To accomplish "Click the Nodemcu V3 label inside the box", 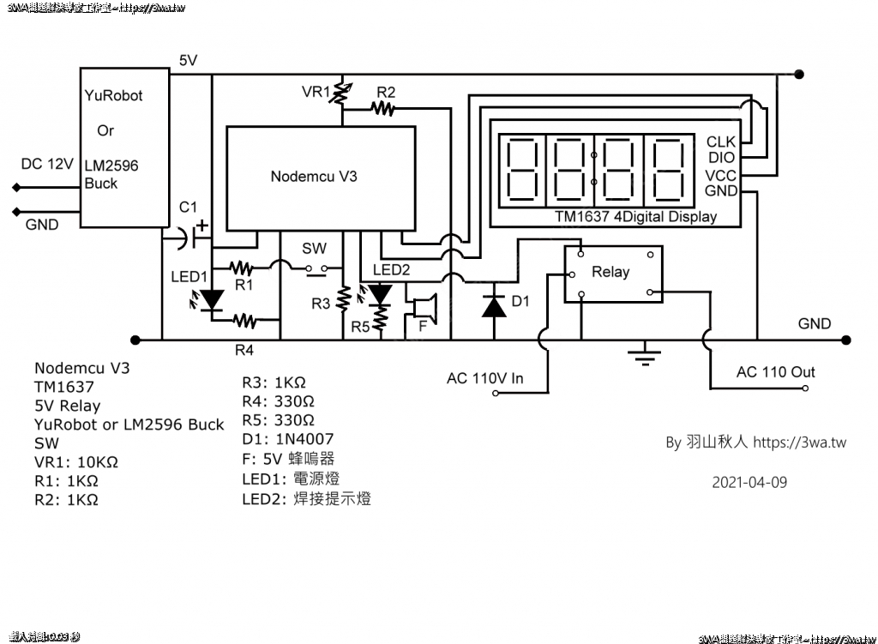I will click(x=314, y=177).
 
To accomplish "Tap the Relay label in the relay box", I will click(x=610, y=272).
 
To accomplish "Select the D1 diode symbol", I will click(x=494, y=306).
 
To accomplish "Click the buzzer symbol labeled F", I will click(x=424, y=308).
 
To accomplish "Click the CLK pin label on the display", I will click(x=721, y=142).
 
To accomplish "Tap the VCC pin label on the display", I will click(x=721, y=175).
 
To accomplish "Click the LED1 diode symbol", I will click(x=211, y=299).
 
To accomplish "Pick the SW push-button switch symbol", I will click(x=315, y=270).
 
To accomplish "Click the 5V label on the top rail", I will click(x=189, y=60).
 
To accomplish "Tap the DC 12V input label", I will click(x=47, y=164).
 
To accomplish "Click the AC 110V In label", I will click(x=485, y=378).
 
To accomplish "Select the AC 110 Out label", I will click(x=775, y=372).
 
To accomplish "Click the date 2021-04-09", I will click(x=749, y=482).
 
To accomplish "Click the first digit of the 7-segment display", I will click(x=524, y=167).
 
